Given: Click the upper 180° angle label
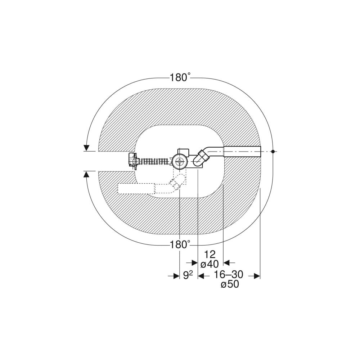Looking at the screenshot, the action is coord(180,77).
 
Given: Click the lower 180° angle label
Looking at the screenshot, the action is coord(180,245).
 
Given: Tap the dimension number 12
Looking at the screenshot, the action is coord(210,255).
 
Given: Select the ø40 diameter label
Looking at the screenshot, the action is coord(210,264).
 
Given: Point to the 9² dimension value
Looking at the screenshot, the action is coord(188,275).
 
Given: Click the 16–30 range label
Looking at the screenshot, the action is coord(229,274).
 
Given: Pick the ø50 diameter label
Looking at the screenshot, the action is coord(230,284).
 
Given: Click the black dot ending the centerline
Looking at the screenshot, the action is coord(273,152).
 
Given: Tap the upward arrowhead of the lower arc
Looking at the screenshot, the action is coord(86,175).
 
